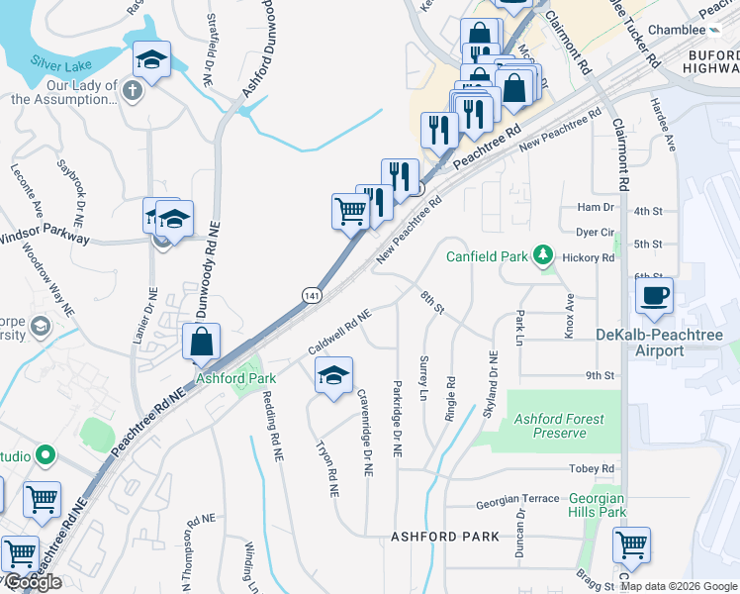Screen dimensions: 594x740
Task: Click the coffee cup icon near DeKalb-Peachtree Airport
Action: pos(653,295)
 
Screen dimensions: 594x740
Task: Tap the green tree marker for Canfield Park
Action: pos(542,256)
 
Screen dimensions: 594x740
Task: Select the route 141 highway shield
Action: pos(312,296)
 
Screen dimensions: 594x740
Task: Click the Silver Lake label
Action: pos(61,61)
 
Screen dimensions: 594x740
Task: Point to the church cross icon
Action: pos(134,91)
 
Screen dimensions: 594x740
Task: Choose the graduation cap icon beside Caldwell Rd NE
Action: pos(333,375)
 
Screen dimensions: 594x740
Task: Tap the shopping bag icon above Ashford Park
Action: pos(201,342)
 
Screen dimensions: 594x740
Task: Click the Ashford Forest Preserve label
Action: pos(559,426)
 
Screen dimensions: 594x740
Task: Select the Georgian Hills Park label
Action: pos(598,506)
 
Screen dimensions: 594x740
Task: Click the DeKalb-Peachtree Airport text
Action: pos(659,343)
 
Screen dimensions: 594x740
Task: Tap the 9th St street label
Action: pos(600,376)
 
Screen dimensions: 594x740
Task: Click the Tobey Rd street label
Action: pos(592,468)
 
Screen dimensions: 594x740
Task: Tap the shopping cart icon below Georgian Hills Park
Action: pos(631,544)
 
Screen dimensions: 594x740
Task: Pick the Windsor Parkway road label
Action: pos(45,238)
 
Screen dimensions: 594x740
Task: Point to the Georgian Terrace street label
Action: pos(517,502)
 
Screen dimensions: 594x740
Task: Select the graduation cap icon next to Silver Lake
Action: pos(151,60)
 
